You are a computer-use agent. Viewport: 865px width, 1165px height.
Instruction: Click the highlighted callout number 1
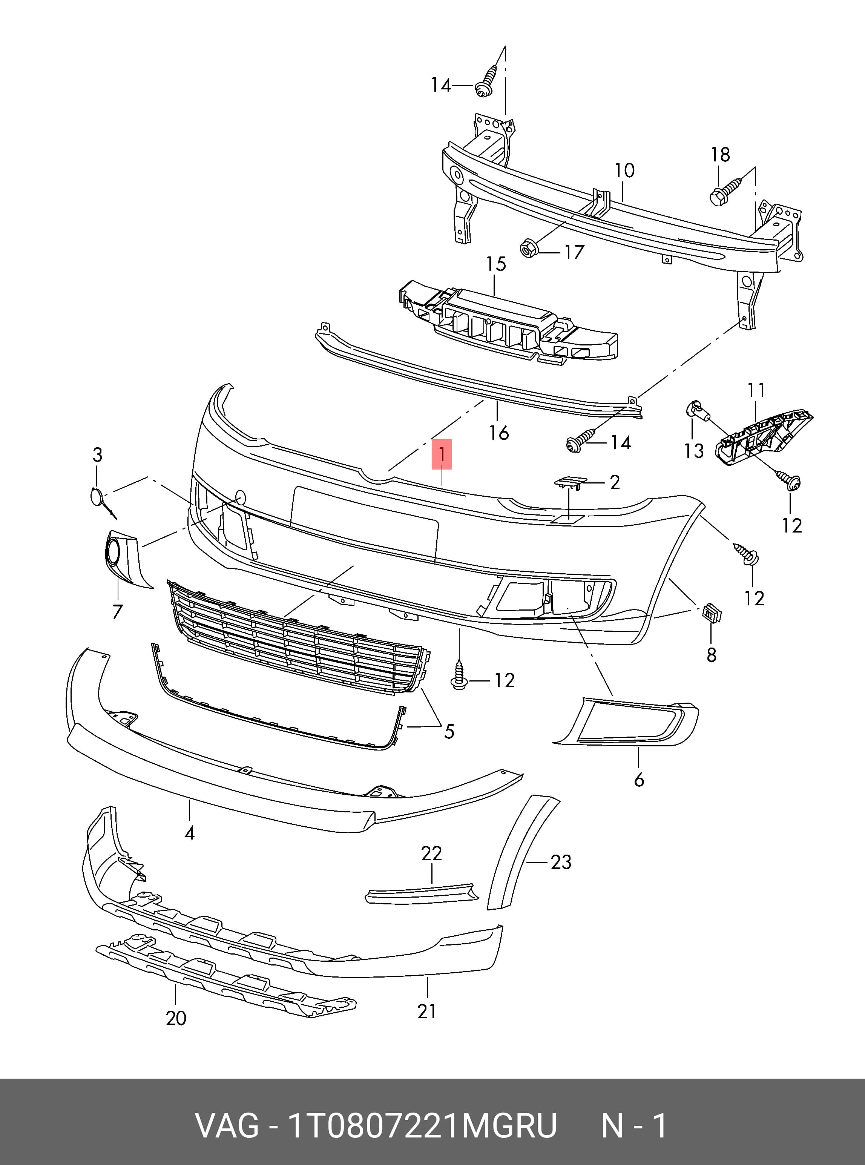point(442,454)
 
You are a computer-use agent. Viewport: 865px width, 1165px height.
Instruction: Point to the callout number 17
point(574,252)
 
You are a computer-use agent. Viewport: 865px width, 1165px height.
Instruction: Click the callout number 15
point(496,264)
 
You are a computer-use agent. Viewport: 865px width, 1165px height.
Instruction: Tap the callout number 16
point(498,433)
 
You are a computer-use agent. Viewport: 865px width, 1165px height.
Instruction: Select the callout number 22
point(431,854)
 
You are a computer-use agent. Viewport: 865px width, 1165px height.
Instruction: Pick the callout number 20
point(176,1018)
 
